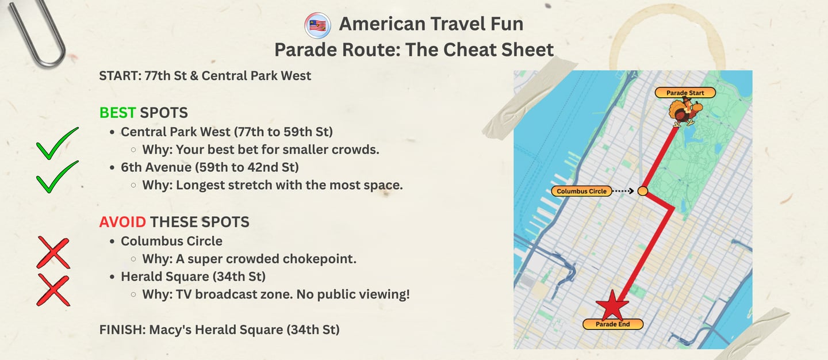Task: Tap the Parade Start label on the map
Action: pyautogui.click(x=685, y=93)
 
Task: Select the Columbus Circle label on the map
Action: pyautogui.click(x=581, y=191)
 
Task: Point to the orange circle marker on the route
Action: pyautogui.click(x=643, y=191)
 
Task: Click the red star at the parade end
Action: pyautogui.click(x=612, y=305)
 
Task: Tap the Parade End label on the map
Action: pyautogui.click(x=612, y=324)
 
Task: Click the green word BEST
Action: pyautogui.click(x=117, y=113)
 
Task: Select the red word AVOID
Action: pyautogui.click(x=122, y=222)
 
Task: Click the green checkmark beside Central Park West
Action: pyautogui.click(x=57, y=144)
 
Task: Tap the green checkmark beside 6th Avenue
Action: pyautogui.click(x=57, y=177)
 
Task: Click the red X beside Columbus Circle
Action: pyautogui.click(x=53, y=252)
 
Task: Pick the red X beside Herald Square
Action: pyautogui.click(x=53, y=290)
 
